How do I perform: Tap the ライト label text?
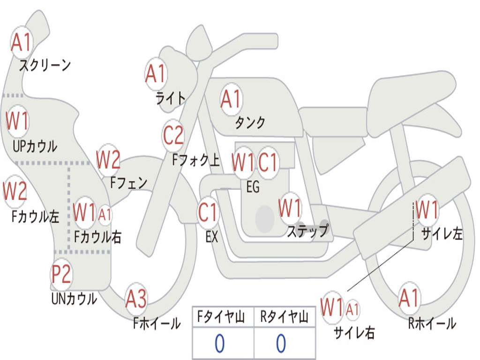tap(171, 97)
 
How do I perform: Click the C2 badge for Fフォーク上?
tap(173, 135)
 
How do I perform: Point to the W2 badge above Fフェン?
tap(108, 160)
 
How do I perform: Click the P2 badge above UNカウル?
tap(61, 274)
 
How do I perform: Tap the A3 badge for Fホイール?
tap(136, 299)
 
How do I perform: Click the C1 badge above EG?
tap(268, 163)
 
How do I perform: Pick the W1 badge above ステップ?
tap(290, 208)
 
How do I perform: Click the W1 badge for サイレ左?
tap(427, 210)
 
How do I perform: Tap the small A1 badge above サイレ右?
tap(353, 309)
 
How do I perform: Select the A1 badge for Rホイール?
tap(409, 298)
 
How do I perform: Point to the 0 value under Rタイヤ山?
tap(281, 344)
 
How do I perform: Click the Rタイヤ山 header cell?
tap(285, 318)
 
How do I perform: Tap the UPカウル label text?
tap(35, 146)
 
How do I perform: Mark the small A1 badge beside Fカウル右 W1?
tap(105, 215)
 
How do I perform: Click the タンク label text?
tap(250, 123)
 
